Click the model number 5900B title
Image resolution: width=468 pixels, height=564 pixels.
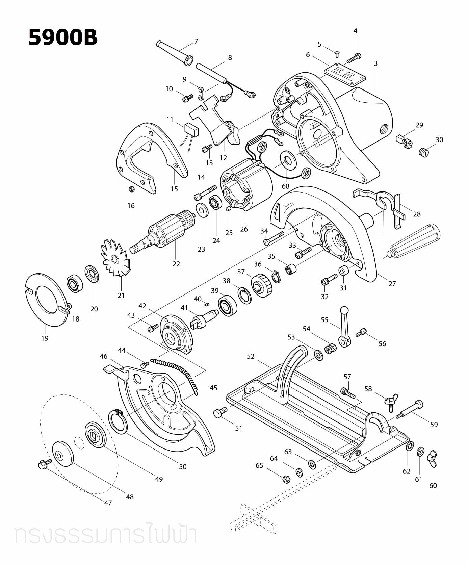[x=63, y=37]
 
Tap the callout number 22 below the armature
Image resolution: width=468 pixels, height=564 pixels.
[x=176, y=264]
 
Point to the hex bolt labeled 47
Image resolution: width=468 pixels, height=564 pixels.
[x=45, y=465]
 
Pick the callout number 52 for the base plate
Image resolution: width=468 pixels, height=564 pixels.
[x=251, y=356]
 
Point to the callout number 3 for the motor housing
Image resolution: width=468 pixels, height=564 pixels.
[x=375, y=63]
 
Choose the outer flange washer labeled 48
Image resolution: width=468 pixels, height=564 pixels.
[x=63, y=453]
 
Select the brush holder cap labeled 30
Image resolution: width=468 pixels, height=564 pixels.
[x=423, y=152]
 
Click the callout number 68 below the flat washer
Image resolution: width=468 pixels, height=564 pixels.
[x=286, y=186]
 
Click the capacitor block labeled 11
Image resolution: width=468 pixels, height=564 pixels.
[x=191, y=129]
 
